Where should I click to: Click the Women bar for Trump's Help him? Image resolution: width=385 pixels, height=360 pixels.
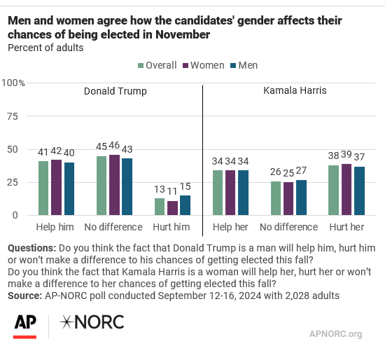(56, 188)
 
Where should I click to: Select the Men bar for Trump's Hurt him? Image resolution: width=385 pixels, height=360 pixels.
(185, 205)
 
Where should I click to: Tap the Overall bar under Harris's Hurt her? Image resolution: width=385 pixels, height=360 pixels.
(333, 191)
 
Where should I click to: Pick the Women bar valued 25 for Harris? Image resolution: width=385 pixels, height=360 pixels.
(288, 199)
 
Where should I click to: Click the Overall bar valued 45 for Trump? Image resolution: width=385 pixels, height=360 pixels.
(101, 186)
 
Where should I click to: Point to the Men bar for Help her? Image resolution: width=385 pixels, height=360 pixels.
(243, 193)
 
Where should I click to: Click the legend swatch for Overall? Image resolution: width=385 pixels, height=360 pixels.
(141, 66)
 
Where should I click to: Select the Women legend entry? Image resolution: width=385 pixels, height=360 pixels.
(204, 65)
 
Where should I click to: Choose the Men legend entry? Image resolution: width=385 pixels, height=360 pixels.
(244, 65)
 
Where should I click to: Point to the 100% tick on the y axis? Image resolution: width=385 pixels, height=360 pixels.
(13, 83)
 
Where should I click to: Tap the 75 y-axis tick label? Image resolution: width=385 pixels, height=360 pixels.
(13, 116)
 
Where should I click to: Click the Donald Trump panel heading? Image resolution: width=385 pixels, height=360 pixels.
(115, 91)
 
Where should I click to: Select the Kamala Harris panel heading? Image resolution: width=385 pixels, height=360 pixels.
(295, 90)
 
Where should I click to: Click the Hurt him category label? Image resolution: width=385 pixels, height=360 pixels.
(171, 227)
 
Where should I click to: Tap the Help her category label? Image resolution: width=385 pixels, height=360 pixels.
(230, 227)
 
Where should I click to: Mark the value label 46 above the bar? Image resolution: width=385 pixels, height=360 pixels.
(114, 145)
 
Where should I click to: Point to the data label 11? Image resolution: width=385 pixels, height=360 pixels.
(172, 191)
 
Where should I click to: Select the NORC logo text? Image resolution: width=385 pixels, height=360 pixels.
(92, 322)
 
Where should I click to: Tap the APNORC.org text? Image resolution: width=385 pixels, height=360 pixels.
(335, 334)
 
